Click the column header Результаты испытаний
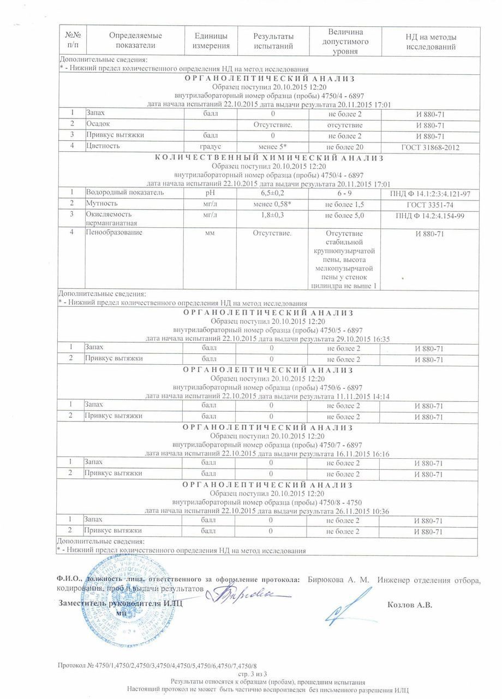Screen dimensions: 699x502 273,41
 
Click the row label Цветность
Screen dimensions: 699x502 103,146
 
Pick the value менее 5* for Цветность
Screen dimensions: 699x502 273,147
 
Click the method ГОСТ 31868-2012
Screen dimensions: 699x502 429,147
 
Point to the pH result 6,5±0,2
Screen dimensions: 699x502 273,193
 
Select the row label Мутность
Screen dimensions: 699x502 102,204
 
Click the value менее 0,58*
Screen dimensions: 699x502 273,204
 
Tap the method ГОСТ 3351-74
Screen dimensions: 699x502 429,204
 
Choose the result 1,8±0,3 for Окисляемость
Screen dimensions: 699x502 273,216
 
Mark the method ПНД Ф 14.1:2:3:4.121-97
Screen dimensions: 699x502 429,194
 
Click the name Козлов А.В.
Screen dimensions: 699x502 410,605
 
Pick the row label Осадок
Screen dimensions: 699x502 99,125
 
